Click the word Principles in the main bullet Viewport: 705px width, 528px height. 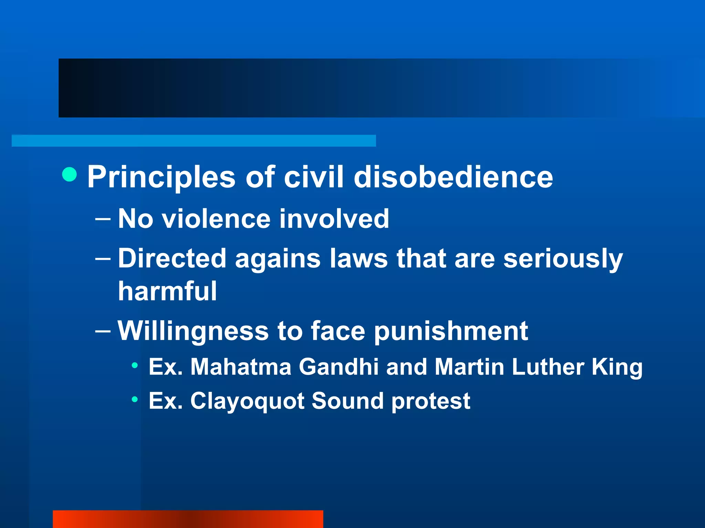click(161, 177)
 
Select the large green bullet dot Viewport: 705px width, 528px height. click(70, 174)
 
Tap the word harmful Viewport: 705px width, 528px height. click(168, 291)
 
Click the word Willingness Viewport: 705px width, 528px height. click(193, 331)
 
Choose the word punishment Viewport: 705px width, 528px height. click(451, 331)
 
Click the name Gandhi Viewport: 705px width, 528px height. click(339, 367)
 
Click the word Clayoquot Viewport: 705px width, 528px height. click(247, 401)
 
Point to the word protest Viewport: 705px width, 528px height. click(431, 401)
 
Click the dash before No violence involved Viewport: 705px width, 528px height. click(103, 219)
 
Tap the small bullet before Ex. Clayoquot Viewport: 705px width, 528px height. click(135, 399)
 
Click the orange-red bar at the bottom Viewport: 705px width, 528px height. click(188, 519)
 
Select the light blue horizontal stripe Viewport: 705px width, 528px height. click(193, 141)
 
